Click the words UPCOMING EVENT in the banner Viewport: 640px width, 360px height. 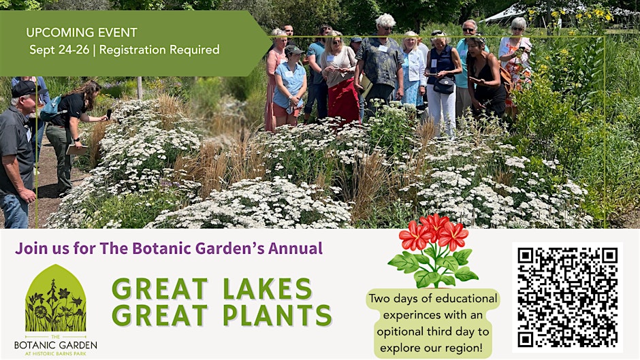(82, 32)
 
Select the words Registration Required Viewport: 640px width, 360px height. (159, 50)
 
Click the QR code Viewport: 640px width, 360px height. (567, 297)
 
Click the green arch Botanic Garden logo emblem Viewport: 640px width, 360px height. (56, 298)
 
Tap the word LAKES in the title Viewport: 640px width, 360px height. (268, 289)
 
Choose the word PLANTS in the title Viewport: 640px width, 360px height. (278, 316)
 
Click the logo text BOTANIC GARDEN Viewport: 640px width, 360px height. (56, 345)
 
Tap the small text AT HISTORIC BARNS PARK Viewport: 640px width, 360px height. (56, 353)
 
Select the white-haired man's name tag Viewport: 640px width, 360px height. (383, 48)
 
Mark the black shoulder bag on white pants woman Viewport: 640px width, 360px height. (444, 85)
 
